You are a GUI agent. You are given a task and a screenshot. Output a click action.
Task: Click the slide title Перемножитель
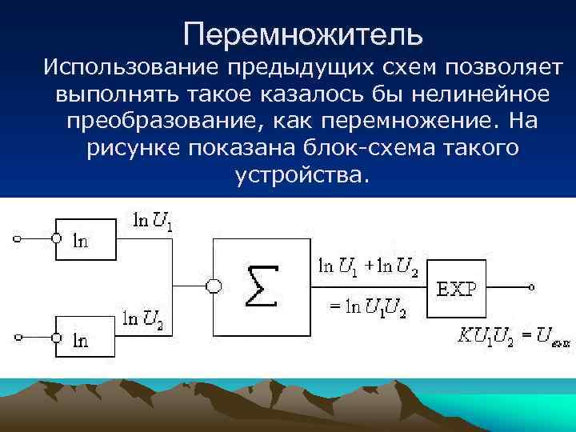pyautogui.click(x=302, y=34)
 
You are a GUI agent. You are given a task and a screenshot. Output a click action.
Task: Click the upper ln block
pyautogui.click(x=86, y=238)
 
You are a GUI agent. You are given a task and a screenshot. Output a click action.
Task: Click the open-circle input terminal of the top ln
pyautogui.click(x=13, y=238)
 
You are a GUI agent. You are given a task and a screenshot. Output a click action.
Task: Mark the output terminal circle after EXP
pyautogui.click(x=530, y=286)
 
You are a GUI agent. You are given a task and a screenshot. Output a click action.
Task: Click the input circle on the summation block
pyautogui.click(x=213, y=286)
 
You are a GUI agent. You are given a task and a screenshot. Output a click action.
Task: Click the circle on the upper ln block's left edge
pyautogui.click(x=55, y=238)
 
